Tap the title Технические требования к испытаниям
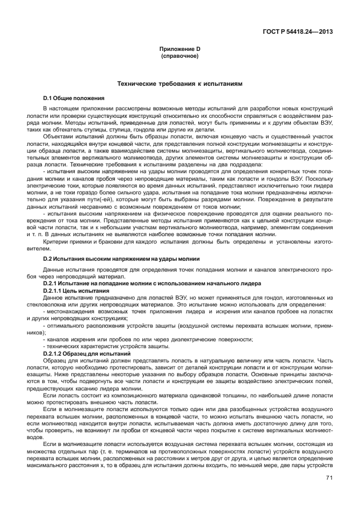click(179, 83)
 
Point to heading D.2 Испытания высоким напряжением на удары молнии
click(121, 258)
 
